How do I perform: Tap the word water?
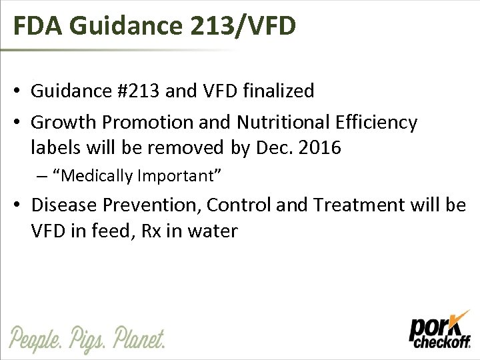pyautogui.click(x=209, y=231)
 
